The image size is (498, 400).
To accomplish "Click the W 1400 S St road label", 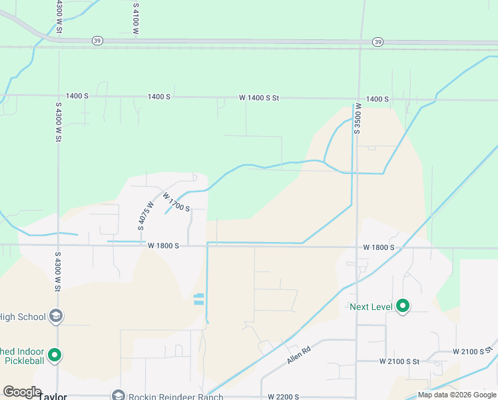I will click(259, 98).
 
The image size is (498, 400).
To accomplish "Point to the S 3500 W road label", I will click(358, 119).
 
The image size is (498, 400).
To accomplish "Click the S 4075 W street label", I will click(142, 216).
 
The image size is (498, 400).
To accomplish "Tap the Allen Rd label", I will click(299, 354).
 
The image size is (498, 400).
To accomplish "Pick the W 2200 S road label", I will click(279, 397).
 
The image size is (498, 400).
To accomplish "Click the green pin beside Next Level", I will click(403, 306).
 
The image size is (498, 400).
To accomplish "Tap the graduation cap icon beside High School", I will click(56, 316).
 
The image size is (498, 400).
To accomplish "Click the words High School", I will click(23, 317).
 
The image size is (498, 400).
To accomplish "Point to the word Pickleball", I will click(23, 361).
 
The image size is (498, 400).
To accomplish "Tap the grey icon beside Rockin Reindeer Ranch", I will click(118, 395).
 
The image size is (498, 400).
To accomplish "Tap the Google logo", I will click(22, 391).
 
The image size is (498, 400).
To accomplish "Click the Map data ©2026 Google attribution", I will click(456, 395).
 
